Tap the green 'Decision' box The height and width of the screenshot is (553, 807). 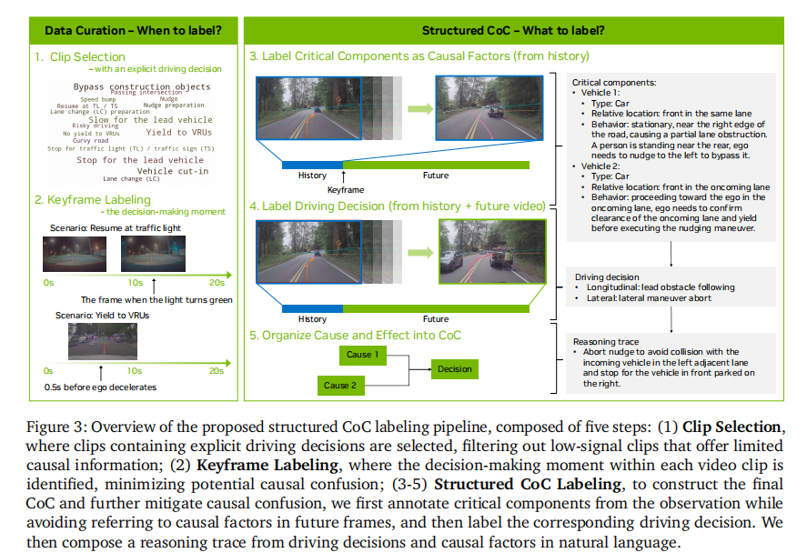[x=454, y=369]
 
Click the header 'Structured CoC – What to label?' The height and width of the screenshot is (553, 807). [x=513, y=31]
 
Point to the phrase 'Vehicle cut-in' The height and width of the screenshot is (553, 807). [x=173, y=171]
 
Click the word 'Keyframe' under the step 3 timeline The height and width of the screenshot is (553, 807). [x=345, y=190]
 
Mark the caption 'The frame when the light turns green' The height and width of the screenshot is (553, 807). [x=156, y=299]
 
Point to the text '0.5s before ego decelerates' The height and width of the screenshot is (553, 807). [x=100, y=387]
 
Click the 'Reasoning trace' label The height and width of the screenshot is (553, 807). [x=606, y=342]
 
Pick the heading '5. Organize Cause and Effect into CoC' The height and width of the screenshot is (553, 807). [x=355, y=335]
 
